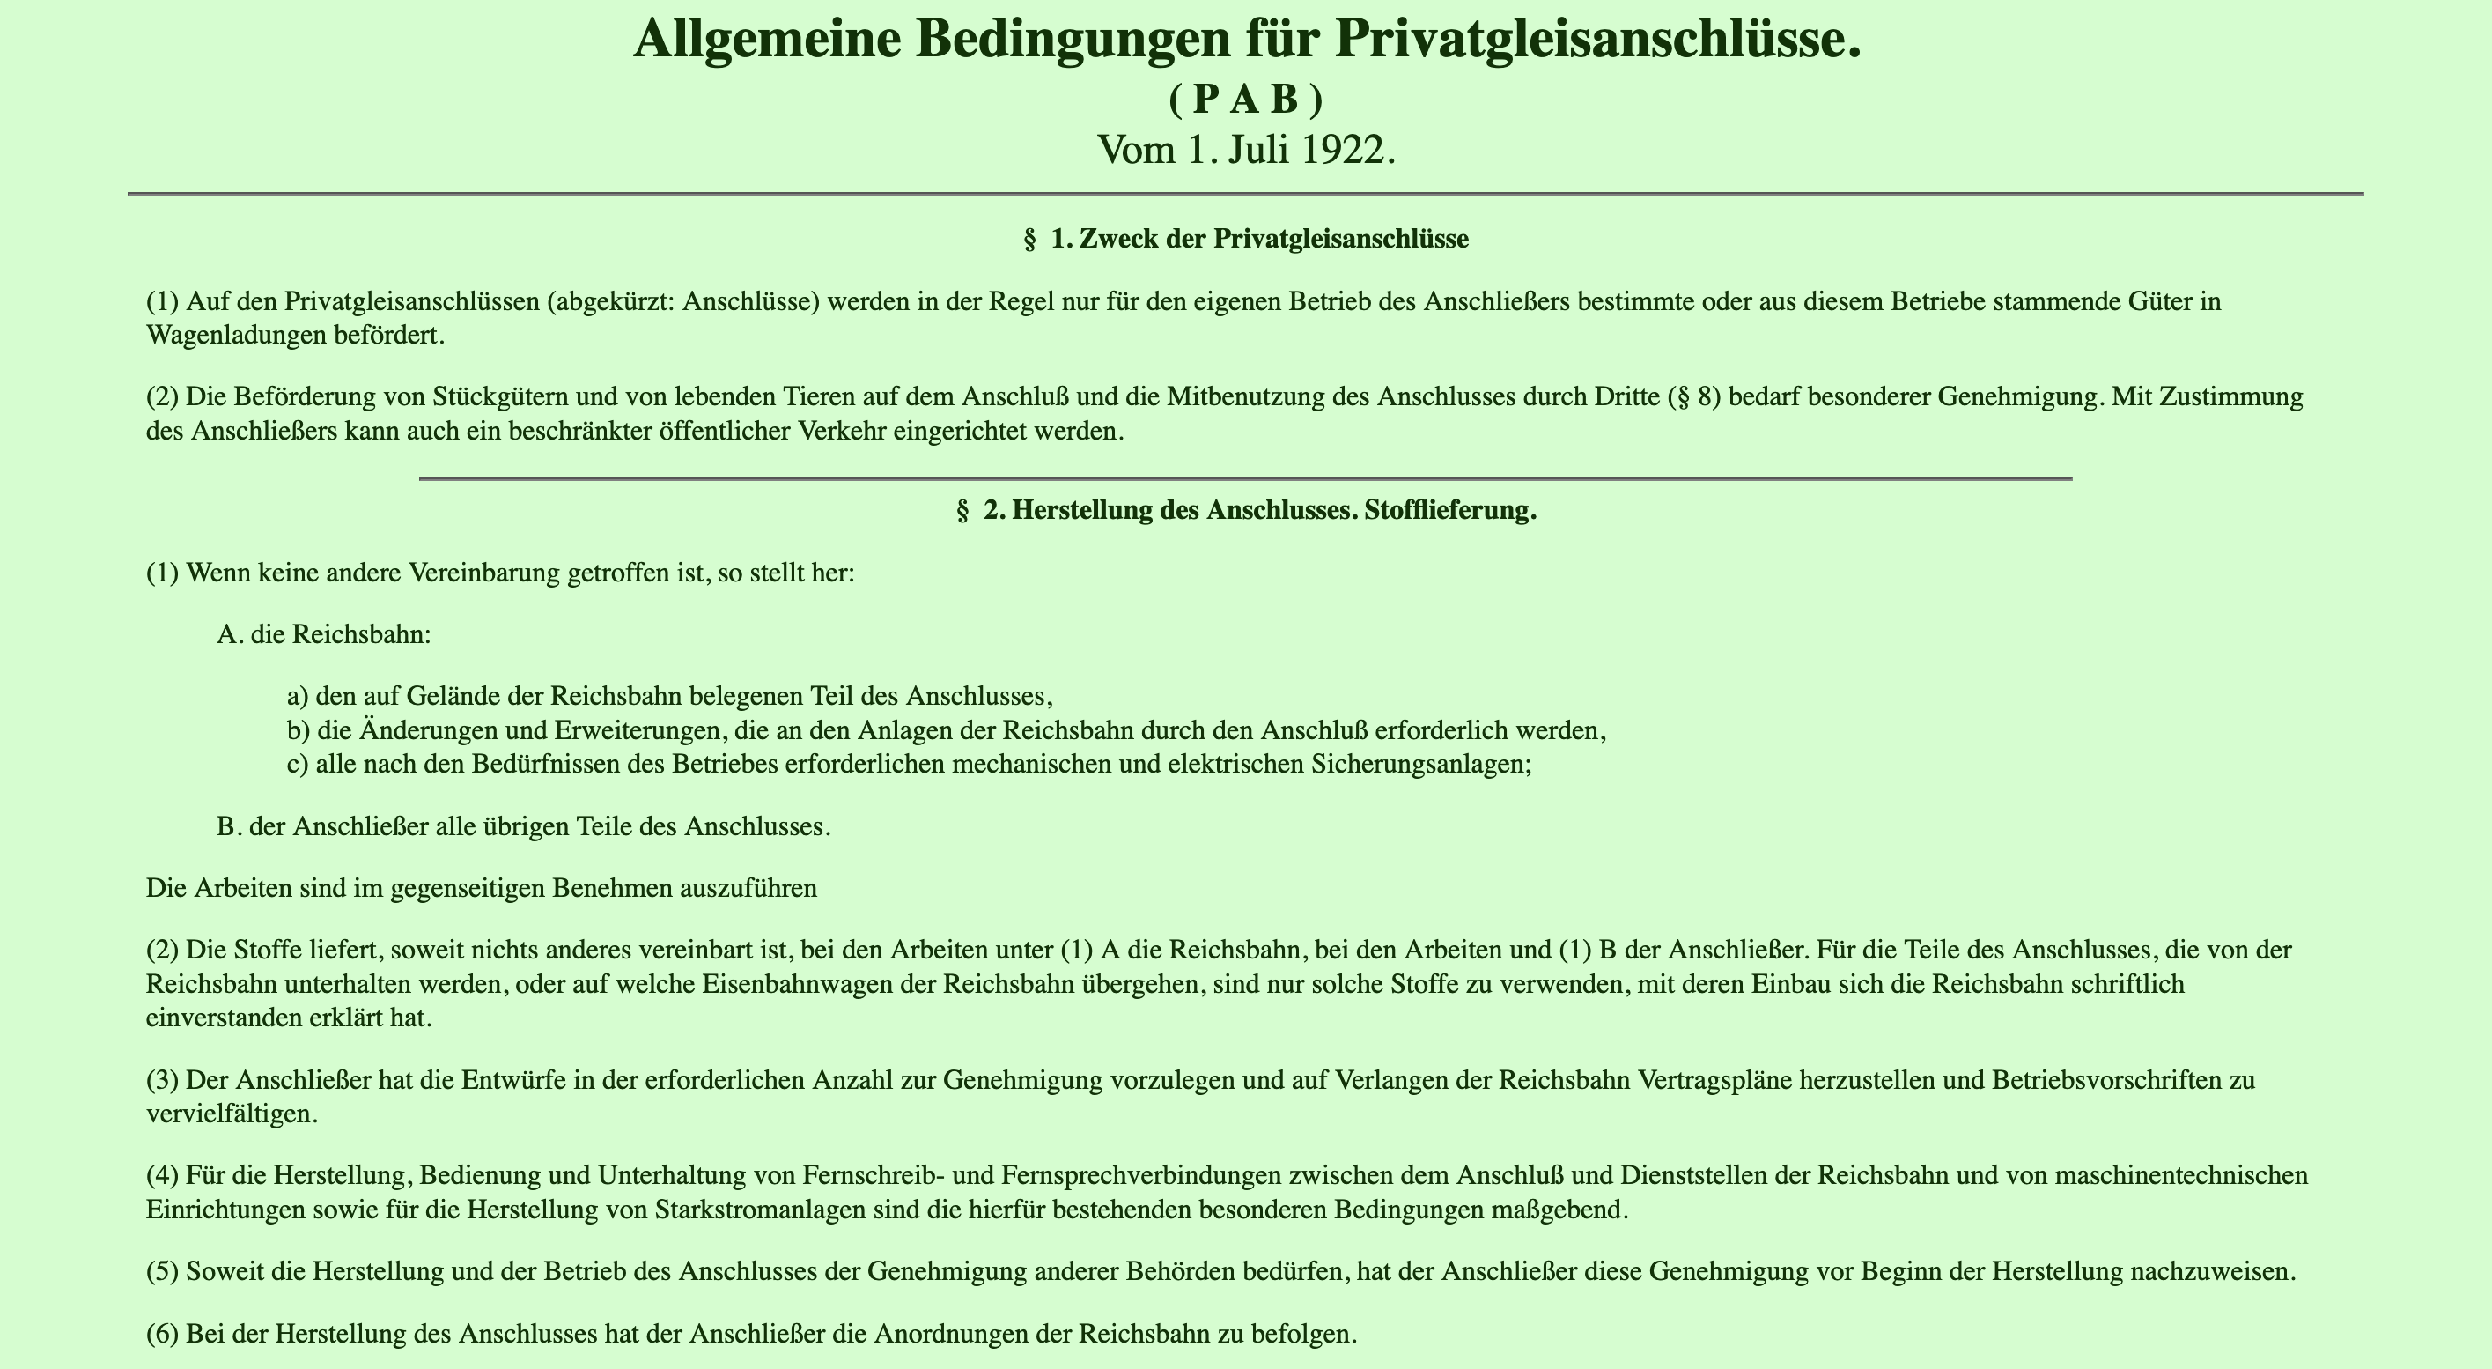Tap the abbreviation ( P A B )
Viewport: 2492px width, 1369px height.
1245,99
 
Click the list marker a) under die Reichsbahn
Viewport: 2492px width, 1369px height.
297,696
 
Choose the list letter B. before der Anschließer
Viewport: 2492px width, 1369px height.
229,827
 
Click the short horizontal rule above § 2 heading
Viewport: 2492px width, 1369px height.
1245,479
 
